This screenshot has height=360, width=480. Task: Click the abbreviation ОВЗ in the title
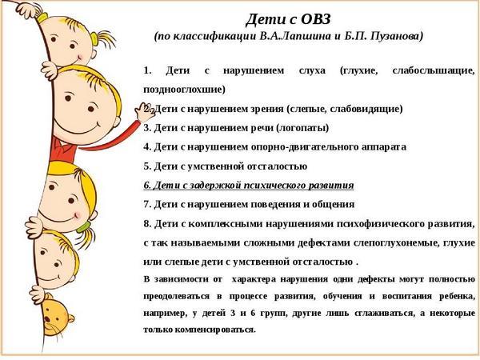pyautogui.click(x=315, y=19)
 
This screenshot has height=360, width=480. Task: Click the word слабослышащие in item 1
pyautogui.click(x=433, y=71)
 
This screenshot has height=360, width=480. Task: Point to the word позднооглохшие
pyautogui.click(x=184, y=90)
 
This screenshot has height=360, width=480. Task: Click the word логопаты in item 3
pyautogui.click(x=302, y=128)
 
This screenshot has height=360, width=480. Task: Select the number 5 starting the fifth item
pyautogui.click(x=147, y=166)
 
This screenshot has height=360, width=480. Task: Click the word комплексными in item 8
pyautogui.click(x=226, y=224)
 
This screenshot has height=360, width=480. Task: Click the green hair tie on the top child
pyautogui.click(x=94, y=39)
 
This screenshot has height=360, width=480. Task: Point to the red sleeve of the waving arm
pyautogui.click(x=110, y=138)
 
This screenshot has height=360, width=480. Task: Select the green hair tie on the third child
pyautogui.click(x=83, y=227)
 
